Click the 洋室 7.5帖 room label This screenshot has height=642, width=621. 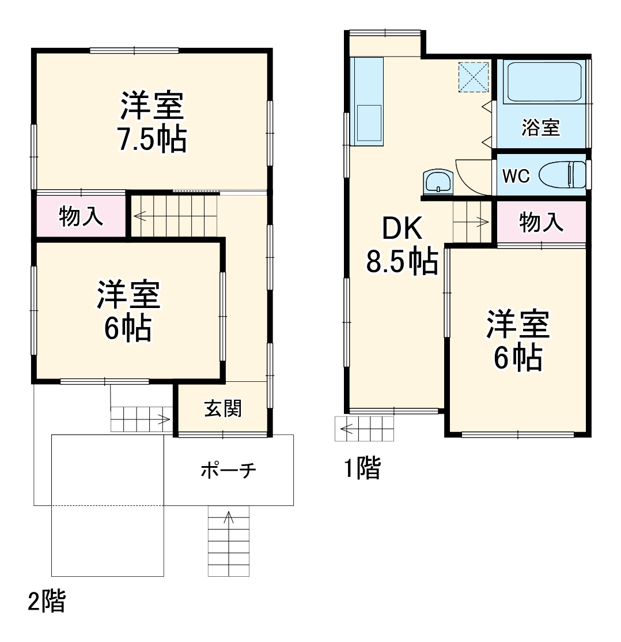point(153,122)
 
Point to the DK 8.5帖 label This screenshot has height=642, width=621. point(402,246)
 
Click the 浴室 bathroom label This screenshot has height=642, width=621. point(540,127)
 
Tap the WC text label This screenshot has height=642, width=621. point(516,176)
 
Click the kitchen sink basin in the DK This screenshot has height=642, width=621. point(369,122)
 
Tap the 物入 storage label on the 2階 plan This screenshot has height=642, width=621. point(81,217)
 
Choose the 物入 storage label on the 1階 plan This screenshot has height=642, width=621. point(541,222)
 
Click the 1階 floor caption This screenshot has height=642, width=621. point(362,468)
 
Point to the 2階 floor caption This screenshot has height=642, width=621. point(47,602)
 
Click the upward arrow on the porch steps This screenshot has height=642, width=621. point(229,517)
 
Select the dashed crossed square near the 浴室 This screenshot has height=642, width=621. point(474,77)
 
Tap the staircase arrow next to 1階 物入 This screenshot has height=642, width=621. point(482,220)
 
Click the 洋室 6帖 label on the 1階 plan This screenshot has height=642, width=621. point(518,340)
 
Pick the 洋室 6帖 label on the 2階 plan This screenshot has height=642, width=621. point(128,311)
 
